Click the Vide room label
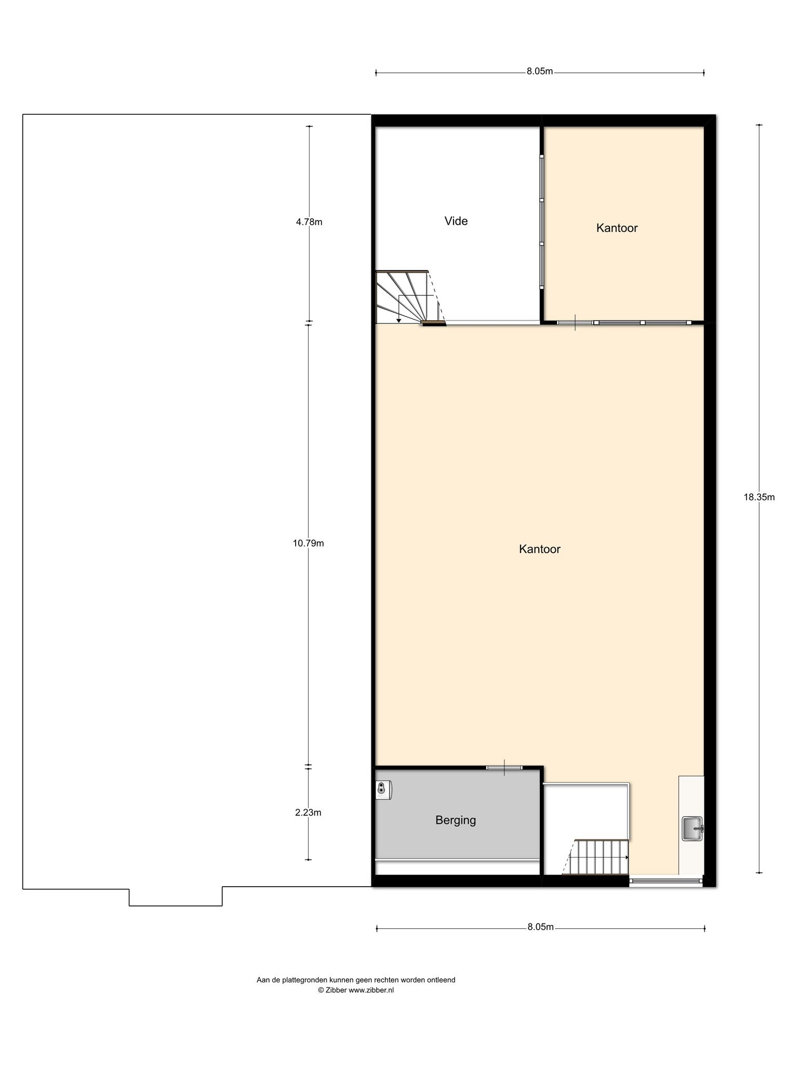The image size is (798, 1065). (456, 221)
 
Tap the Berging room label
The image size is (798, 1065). (456, 820)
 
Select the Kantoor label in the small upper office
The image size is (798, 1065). (617, 228)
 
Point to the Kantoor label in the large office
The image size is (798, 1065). (540, 549)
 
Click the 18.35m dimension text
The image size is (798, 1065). (759, 497)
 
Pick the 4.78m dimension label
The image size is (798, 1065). (309, 222)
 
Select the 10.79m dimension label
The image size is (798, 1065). (309, 543)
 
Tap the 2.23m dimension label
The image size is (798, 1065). (308, 812)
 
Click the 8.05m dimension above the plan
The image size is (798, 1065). (540, 71)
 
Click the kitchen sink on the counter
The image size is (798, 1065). (693, 828)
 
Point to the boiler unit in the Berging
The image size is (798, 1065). (383, 789)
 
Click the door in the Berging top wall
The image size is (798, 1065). (504, 767)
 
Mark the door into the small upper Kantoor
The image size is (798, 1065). (575, 322)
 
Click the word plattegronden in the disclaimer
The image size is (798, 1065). (305, 980)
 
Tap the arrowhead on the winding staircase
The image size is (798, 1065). (398, 320)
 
